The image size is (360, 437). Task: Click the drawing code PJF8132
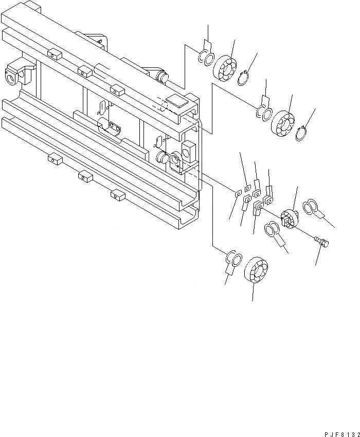(342, 433)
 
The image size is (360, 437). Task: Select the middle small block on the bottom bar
(85, 177)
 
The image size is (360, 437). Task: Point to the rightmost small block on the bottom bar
(118, 194)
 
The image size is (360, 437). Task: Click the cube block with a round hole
(189, 151)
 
